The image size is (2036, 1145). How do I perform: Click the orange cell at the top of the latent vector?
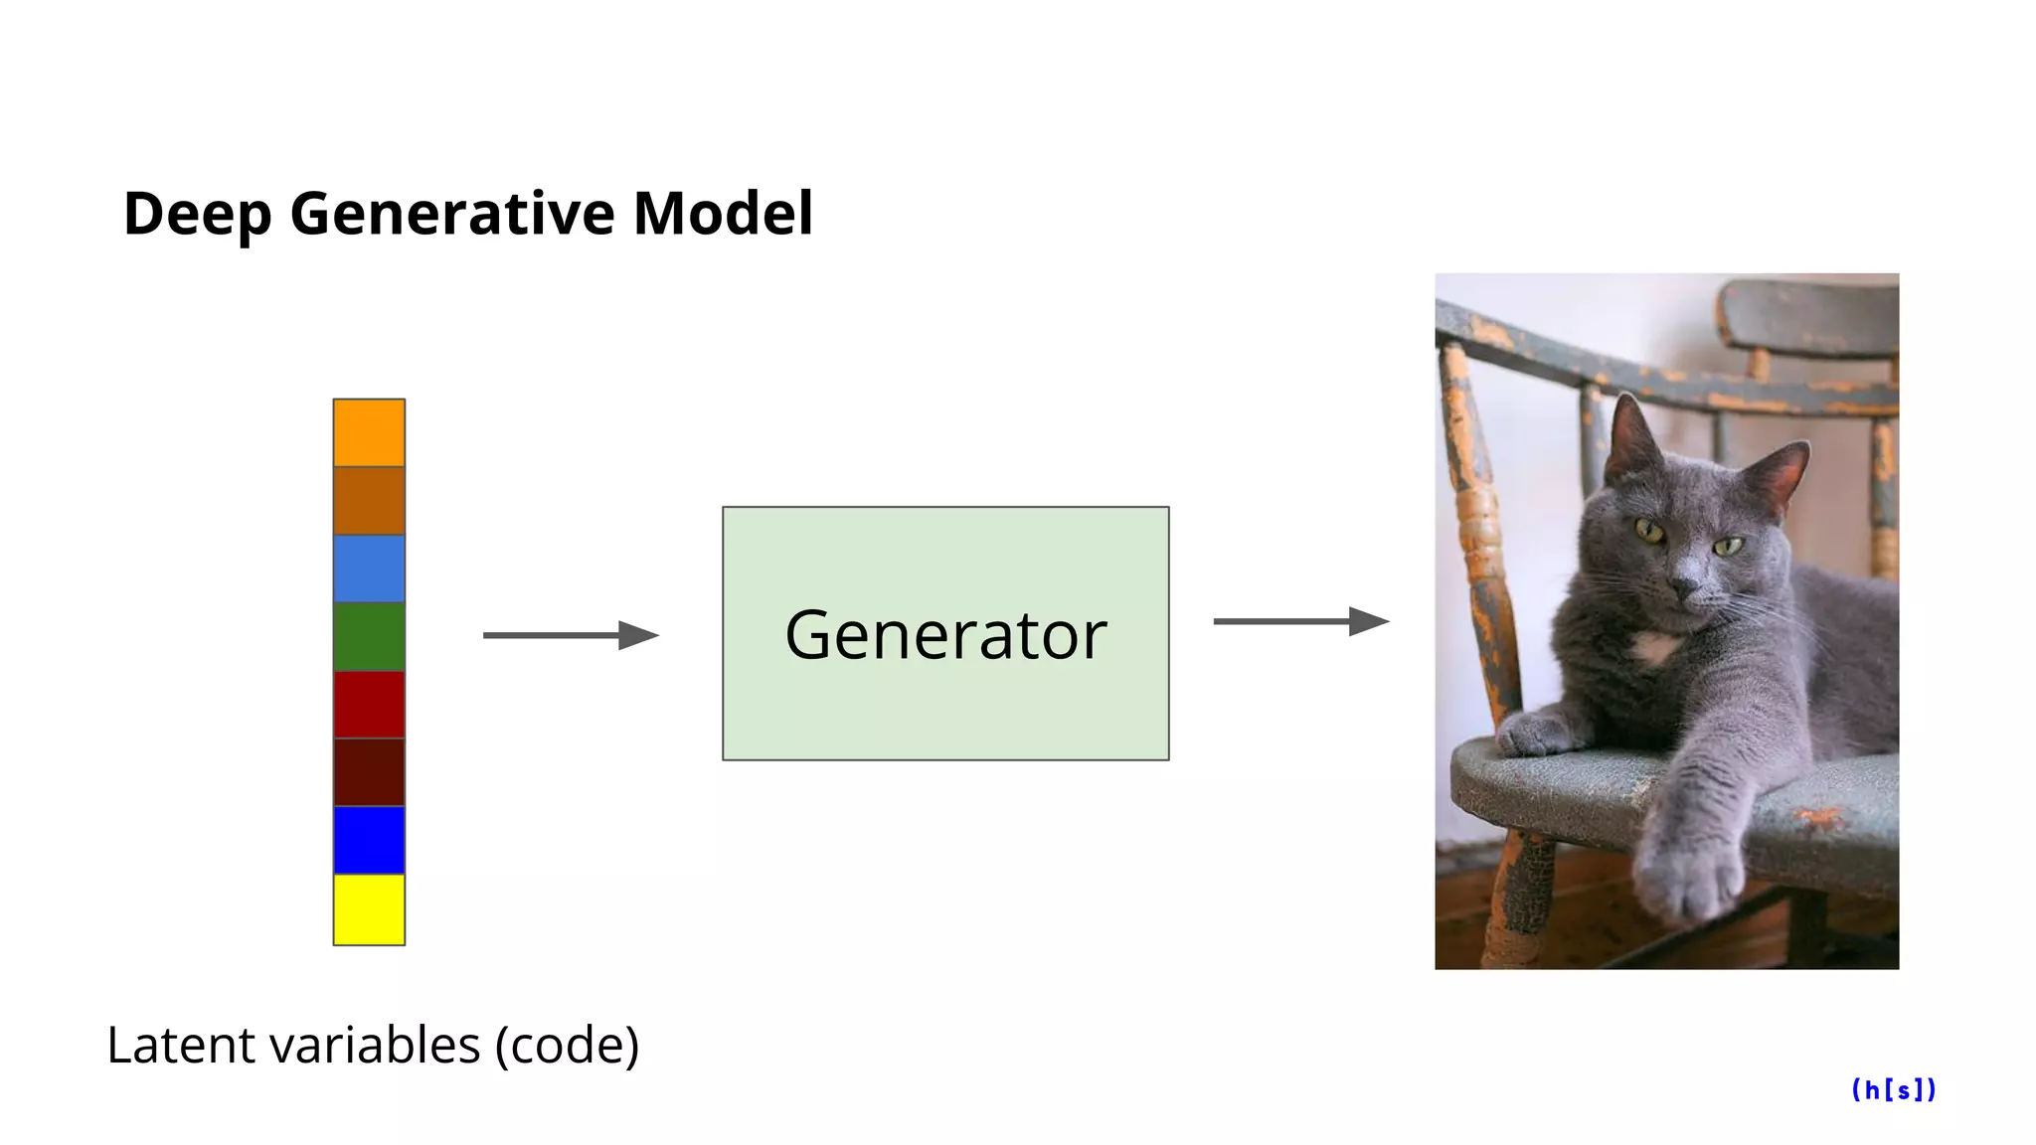[369, 432]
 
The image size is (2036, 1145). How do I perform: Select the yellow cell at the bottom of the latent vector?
[369, 909]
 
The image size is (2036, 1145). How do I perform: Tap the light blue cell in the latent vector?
[369, 569]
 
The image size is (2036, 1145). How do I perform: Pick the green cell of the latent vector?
[369, 636]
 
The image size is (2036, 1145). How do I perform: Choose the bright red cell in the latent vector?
[369, 705]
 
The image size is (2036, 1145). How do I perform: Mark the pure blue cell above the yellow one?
[369, 841]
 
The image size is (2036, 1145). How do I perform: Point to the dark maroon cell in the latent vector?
[369, 772]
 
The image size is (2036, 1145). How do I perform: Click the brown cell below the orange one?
[369, 501]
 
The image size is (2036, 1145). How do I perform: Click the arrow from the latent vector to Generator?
[571, 635]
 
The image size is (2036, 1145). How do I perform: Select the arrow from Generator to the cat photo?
[1300, 622]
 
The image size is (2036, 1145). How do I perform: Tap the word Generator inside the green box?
[945, 635]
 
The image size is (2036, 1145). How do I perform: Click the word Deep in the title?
[197, 215]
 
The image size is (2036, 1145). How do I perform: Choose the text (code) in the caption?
[567, 1046]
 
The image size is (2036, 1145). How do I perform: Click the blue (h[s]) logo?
[1894, 1090]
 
